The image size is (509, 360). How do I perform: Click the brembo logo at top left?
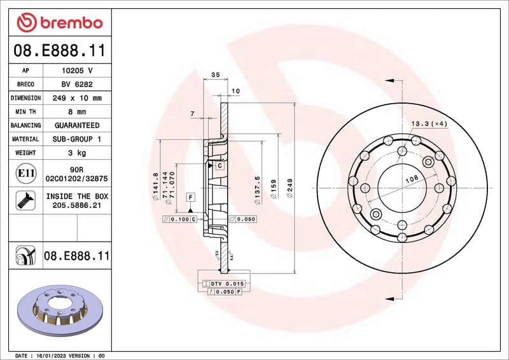pos(59,23)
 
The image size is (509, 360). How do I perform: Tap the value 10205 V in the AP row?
pos(77,71)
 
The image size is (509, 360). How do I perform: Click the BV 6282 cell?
pos(77,85)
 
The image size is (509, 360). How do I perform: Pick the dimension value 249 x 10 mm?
pos(77,99)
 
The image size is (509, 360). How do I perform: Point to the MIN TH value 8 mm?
pos(77,112)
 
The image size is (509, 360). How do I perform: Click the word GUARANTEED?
pos(77,126)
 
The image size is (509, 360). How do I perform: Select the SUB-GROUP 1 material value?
pos(77,139)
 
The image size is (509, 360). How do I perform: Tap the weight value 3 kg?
pos(77,153)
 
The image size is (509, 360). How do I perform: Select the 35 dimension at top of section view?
pos(215,75)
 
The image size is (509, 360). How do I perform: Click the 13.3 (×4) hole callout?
pos(429,123)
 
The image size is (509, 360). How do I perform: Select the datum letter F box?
pos(190,197)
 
